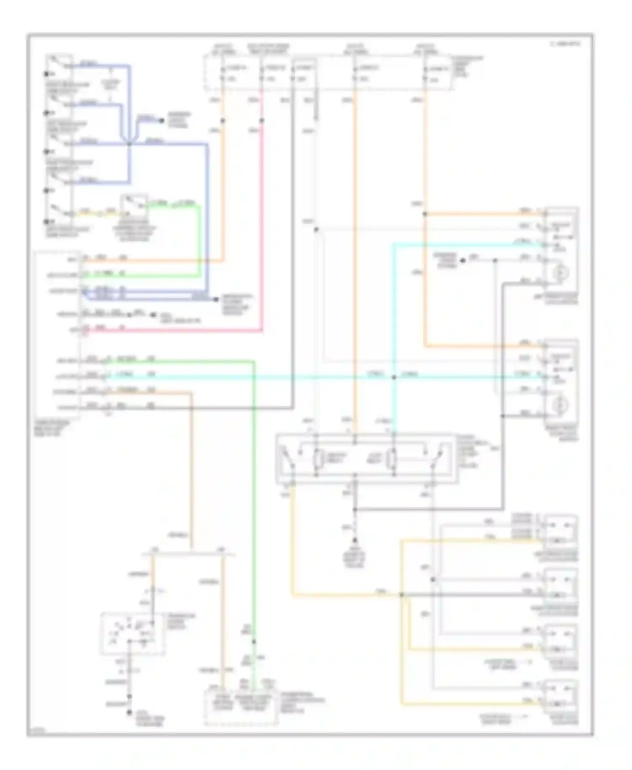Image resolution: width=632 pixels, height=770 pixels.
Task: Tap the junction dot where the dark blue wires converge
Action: tap(129, 144)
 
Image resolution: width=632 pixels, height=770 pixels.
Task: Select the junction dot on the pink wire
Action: tap(262, 121)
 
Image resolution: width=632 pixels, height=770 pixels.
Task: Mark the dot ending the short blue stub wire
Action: tap(161, 120)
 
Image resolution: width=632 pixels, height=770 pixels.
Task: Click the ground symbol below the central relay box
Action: tap(355, 541)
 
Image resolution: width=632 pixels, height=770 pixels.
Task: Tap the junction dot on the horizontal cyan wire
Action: tap(394, 377)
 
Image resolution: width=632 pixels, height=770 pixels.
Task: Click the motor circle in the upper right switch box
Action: tap(560, 273)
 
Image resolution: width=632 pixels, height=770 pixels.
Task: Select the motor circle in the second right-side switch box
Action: tap(560, 405)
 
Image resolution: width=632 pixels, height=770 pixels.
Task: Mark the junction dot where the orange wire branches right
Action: tap(425, 214)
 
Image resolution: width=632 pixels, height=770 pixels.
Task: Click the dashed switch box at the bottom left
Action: tap(132, 634)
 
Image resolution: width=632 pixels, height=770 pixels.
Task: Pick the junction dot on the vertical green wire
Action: tap(254, 642)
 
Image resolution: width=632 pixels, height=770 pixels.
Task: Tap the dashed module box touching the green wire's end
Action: tap(241, 708)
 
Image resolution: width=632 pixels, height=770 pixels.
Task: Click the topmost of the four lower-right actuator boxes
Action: tap(560, 532)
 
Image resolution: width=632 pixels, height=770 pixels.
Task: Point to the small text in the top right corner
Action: tap(565, 43)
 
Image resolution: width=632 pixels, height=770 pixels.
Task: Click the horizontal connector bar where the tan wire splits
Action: tap(188, 554)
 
